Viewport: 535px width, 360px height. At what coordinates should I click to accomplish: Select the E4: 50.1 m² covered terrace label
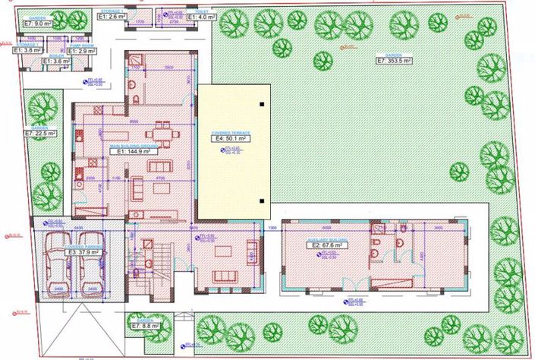tap(231, 140)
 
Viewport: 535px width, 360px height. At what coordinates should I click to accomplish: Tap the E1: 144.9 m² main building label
tap(133, 151)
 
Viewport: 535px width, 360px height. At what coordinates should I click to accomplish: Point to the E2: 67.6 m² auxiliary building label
tap(327, 245)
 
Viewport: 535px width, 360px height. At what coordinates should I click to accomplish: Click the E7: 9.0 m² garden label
tap(38, 24)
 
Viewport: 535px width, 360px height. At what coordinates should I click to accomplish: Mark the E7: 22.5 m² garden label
tap(40, 134)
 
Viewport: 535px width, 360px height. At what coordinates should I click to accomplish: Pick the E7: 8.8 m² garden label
tap(144, 326)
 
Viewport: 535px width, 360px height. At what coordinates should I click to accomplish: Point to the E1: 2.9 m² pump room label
tap(81, 51)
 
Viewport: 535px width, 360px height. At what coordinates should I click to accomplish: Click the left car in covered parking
tap(57, 262)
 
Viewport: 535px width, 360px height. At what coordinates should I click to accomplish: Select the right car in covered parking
tap(90, 262)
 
